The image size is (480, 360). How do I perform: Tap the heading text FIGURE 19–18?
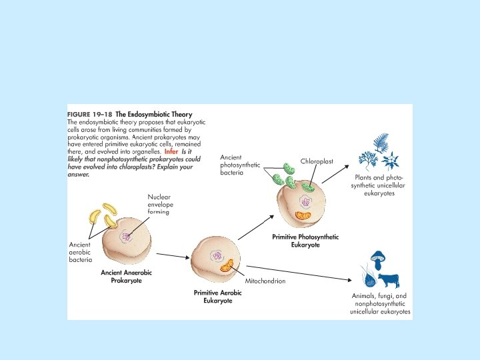point(90,114)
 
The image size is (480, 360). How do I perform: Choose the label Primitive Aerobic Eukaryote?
point(213,297)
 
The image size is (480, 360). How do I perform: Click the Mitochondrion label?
point(265,281)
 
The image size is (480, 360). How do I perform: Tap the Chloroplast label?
point(317,161)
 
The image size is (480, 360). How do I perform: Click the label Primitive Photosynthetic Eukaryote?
point(305,241)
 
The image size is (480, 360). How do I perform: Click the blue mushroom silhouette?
point(379,257)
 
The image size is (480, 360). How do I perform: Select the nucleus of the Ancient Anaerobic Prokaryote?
point(124,236)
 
